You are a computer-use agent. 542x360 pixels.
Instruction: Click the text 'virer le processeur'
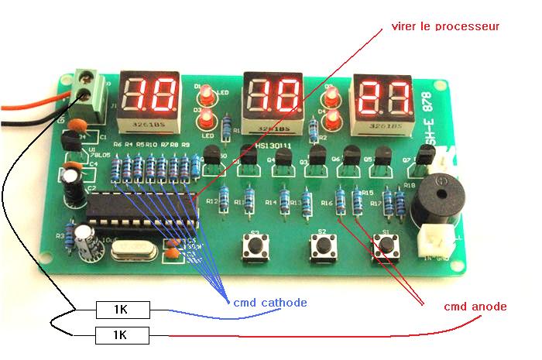click(x=447, y=26)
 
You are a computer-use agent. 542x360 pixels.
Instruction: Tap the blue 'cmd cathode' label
click(x=270, y=302)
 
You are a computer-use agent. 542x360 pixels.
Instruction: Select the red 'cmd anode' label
click(x=475, y=307)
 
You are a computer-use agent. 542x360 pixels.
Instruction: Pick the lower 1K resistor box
click(x=123, y=335)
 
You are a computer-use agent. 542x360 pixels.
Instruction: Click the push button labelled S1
click(x=385, y=246)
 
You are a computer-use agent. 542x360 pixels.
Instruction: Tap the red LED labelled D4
click(x=332, y=119)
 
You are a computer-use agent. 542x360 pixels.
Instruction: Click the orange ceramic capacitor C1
click(x=76, y=125)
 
